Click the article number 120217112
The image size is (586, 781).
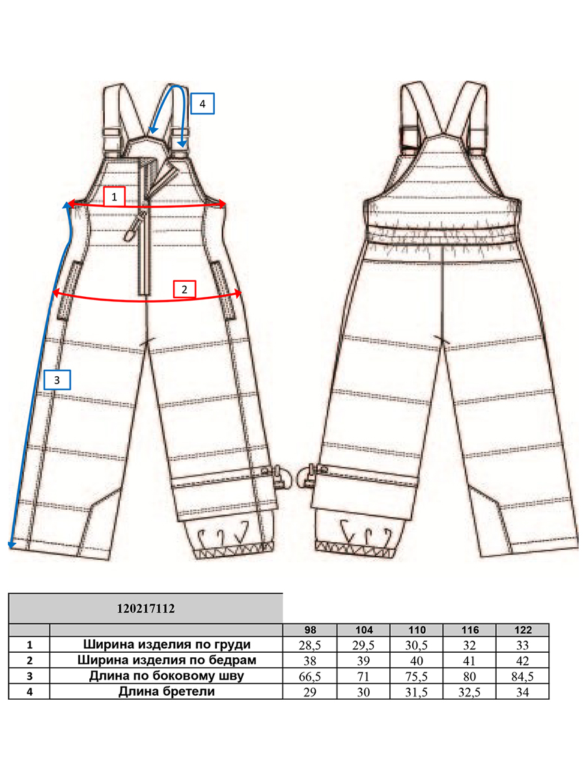coord(146,608)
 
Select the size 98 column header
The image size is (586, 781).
coord(310,630)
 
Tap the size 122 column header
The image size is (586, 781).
coord(523,630)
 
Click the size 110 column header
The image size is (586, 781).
coord(417,630)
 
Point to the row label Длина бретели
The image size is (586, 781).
coord(167,691)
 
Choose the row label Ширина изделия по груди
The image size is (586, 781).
coord(167,644)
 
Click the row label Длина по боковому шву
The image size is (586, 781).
coord(167,676)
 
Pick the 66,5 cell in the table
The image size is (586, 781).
coord(310,676)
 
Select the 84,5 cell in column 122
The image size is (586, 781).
coord(523,676)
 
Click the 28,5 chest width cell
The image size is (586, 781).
coord(310,645)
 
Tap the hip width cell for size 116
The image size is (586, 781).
coord(469,661)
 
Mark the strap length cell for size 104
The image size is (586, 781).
coord(363,692)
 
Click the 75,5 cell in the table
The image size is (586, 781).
coord(417,676)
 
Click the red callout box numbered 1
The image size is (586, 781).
coord(114,197)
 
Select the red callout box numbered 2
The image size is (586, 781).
coord(184,289)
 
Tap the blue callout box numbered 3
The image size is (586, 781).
coord(57,380)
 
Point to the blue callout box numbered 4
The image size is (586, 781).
coord(202,103)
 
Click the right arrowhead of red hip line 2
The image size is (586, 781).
coord(238,293)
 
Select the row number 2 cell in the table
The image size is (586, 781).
coord(29,661)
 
